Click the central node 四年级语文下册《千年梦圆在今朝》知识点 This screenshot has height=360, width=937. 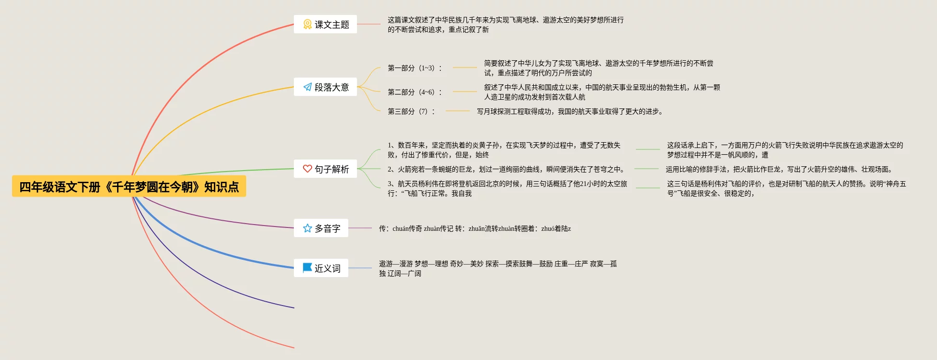point(129,187)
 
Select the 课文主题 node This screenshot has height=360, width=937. point(326,24)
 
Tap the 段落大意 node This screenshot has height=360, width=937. point(326,87)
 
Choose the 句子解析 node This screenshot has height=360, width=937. point(326,169)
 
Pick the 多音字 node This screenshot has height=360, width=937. point(321,228)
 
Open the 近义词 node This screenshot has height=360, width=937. point(321,268)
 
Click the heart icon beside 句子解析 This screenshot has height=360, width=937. point(307,169)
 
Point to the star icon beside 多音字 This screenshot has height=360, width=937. point(307,228)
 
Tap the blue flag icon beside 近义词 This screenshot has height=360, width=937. point(307,267)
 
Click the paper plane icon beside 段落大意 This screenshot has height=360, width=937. point(307,87)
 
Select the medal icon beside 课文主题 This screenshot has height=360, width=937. point(307,24)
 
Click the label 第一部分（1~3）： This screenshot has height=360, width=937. point(415,68)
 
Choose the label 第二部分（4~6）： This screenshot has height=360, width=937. point(415,92)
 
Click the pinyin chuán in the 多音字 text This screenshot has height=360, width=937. point(400,228)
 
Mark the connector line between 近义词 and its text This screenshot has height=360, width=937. point(360,268)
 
